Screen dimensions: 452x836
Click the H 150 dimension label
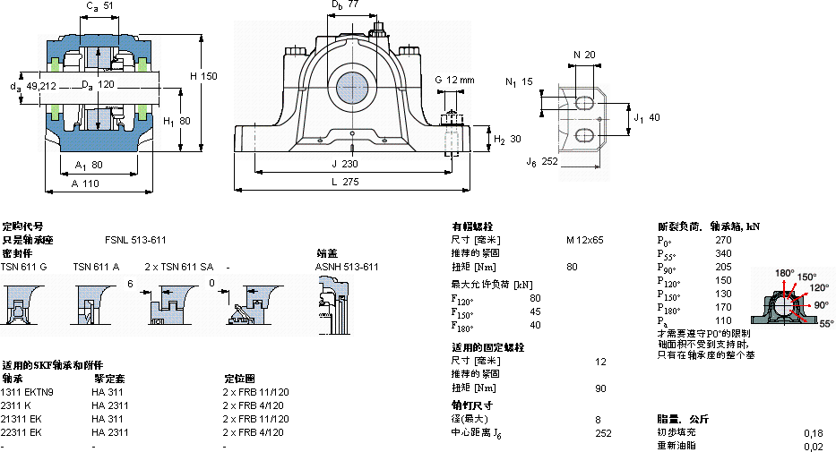[x=203, y=76]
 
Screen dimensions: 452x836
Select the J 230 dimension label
[x=343, y=164]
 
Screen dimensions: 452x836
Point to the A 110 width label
[x=85, y=183]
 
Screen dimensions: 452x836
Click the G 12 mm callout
[x=454, y=81]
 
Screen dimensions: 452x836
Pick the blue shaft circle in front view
[x=353, y=89]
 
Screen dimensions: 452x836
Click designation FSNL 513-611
[x=135, y=240]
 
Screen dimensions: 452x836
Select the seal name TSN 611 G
[x=23, y=267]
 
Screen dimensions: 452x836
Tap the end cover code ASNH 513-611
[x=346, y=267]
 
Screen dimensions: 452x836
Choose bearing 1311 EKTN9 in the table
[x=27, y=392]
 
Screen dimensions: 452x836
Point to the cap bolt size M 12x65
[x=584, y=240]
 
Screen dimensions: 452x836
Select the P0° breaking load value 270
[x=723, y=240]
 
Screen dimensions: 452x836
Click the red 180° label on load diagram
[x=784, y=273]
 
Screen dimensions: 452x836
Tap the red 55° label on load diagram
[x=825, y=322]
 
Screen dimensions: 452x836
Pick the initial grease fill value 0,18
[x=814, y=432]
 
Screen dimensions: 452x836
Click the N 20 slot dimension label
[x=583, y=55]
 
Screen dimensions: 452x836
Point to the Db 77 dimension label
[x=345, y=5]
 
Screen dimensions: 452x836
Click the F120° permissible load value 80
[x=536, y=297]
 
